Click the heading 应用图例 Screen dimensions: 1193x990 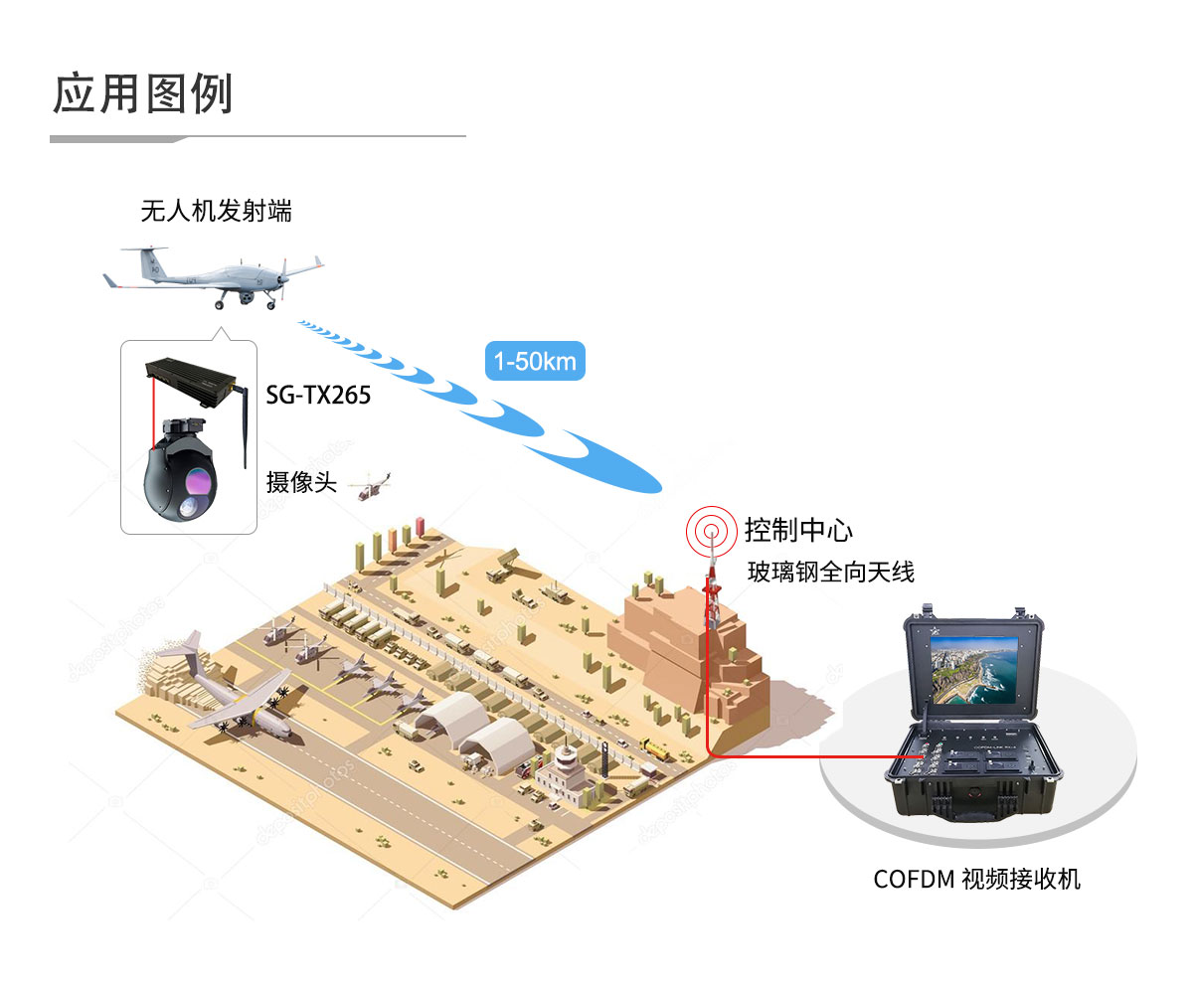click(142, 93)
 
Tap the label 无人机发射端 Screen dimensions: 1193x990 click(216, 211)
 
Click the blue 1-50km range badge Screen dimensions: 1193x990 click(535, 361)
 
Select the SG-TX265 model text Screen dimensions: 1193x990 click(318, 395)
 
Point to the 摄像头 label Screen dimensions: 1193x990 click(301, 481)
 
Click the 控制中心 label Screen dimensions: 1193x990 click(797, 530)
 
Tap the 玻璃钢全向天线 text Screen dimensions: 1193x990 click(831, 572)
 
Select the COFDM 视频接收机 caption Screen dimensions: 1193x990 click(976, 880)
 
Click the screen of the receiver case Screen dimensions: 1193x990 click(973, 670)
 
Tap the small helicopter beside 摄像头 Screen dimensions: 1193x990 click(373, 487)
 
